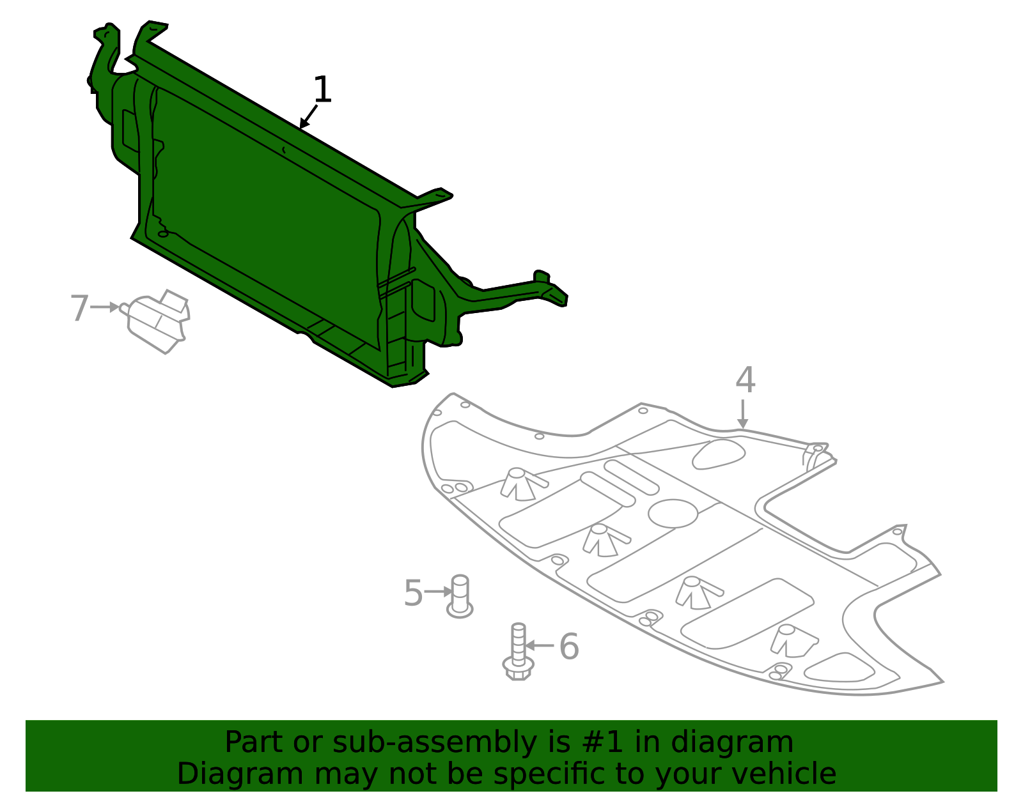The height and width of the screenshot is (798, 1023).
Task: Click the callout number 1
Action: click(x=323, y=90)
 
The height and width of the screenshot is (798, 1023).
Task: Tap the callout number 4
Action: click(x=745, y=381)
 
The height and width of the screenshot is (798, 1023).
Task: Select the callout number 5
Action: click(x=413, y=593)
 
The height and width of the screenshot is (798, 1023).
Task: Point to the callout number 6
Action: click(x=568, y=647)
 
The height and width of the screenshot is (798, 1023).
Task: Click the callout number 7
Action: click(x=79, y=308)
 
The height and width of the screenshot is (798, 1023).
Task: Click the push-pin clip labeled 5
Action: click(x=460, y=596)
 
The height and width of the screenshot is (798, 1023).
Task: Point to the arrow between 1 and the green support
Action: click(x=308, y=117)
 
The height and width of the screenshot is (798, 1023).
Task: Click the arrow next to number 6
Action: click(x=539, y=646)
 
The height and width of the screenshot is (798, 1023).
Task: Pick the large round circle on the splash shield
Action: click(x=673, y=513)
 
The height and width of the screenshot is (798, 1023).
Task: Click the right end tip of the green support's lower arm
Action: click(x=563, y=300)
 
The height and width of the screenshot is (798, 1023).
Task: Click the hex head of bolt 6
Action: click(x=518, y=670)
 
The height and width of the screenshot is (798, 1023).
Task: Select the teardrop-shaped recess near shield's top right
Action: click(x=719, y=454)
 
